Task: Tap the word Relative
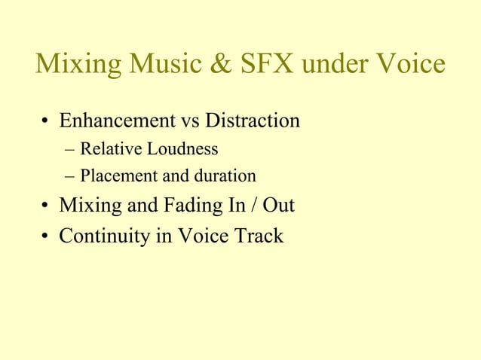(110, 149)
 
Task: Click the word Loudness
(181, 149)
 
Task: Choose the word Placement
(114, 177)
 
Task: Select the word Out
(278, 205)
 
